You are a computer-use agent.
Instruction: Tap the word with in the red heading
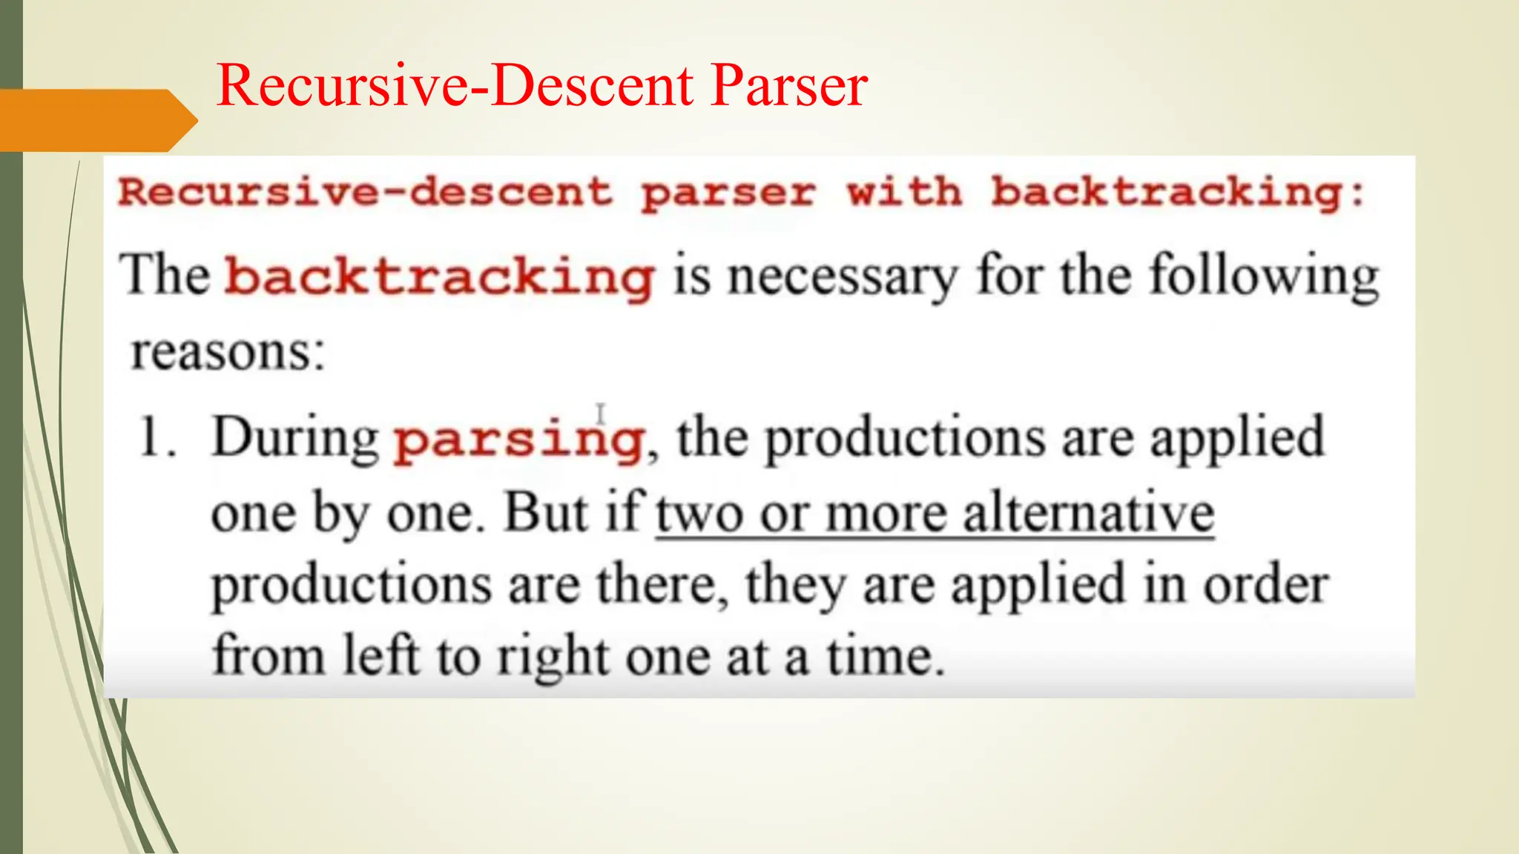(x=904, y=193)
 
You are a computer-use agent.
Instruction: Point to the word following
(x=1263, y=277)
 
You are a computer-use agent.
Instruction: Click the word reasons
(x=227, y=351)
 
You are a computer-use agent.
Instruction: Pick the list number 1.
(x=156, y=437)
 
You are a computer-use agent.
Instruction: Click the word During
(x=295, y=437)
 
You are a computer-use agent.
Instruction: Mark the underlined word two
(x=699, y=514)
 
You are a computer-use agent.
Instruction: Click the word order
(x=1265, y=586)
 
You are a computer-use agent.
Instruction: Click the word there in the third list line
(x=662, y=586)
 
